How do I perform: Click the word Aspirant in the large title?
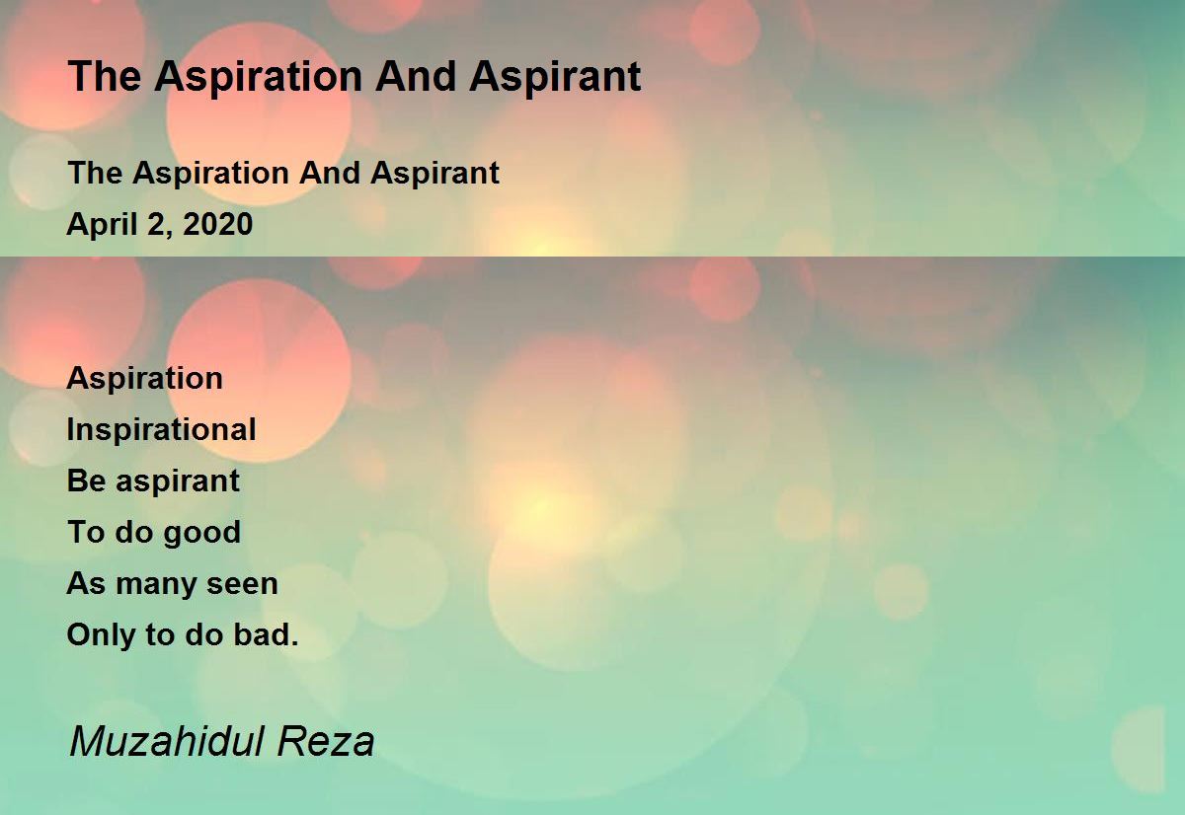555,77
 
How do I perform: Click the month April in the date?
97,225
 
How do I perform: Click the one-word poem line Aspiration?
144,379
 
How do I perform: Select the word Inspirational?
161,430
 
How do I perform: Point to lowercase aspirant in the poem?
178,482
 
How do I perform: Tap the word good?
201,533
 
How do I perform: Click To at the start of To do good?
84,533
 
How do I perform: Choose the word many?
158,584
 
